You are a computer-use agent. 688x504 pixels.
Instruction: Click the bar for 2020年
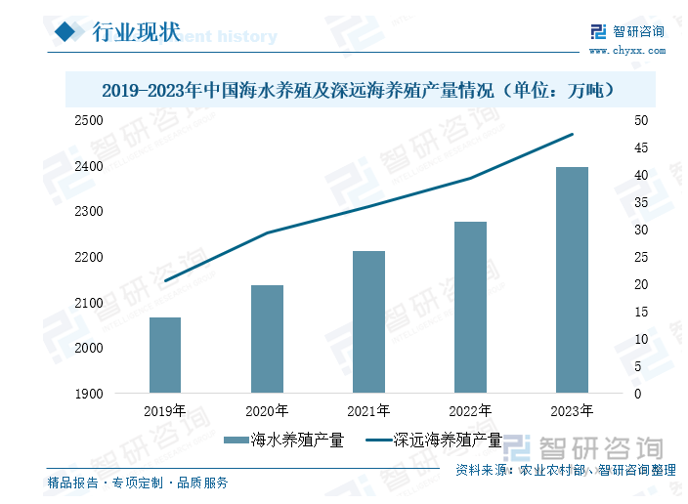pos(267,339)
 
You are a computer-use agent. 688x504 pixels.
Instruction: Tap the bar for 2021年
pos(368,322)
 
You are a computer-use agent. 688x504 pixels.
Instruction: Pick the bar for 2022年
pos(470,308)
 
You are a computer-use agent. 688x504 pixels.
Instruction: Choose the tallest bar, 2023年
pos(572,280)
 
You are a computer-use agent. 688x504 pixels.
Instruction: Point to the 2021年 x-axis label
pos(368,411)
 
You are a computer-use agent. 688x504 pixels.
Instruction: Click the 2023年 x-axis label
pos(572,411)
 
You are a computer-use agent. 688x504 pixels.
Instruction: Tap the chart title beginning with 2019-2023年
pos(359,91)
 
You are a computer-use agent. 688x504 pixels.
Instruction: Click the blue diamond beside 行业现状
pos(66,33)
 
